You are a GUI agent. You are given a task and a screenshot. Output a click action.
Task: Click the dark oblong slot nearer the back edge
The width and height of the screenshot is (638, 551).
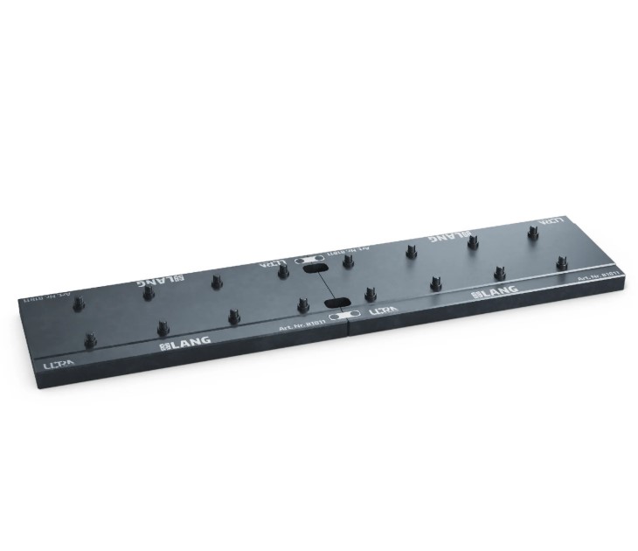point(311,271)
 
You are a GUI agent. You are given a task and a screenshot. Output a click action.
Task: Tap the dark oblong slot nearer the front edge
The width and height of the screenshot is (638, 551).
point(339,303)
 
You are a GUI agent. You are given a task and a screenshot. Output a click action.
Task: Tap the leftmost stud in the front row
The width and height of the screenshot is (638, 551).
point(90,339)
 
